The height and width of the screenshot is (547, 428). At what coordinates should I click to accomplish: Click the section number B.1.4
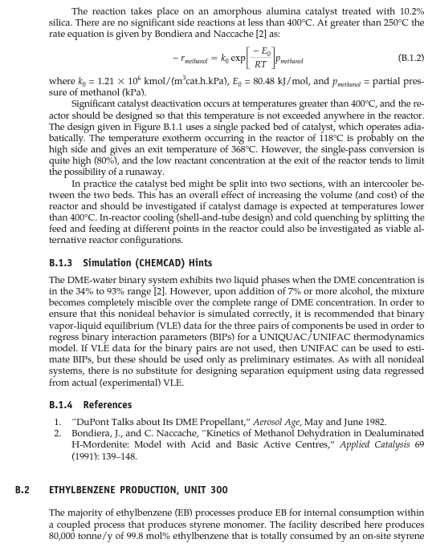(63, 404)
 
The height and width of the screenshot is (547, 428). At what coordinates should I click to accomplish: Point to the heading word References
(108, 404)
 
